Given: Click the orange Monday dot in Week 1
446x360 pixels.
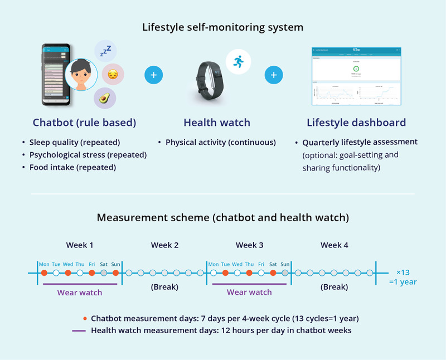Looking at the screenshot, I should point(43,273).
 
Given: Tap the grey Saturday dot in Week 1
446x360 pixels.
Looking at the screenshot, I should point(104,273).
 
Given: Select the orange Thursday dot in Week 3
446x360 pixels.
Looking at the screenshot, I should point(249,273).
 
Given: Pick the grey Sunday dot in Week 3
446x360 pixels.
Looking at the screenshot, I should point(285,273).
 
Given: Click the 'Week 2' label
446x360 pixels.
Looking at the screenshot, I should point(164,245).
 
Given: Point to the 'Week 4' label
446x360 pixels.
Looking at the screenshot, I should point(334,245).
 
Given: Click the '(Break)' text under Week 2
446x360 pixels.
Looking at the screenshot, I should point(164,287).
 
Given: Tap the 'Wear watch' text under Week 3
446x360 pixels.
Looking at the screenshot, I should point(249,292).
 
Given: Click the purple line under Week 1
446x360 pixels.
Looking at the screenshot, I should point(80,284).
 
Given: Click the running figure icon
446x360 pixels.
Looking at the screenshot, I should point(238,61).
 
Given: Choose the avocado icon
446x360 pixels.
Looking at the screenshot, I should point(104,98).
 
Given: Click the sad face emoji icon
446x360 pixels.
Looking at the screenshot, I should point(113,74).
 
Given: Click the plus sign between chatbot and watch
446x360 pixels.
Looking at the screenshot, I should point(153,75).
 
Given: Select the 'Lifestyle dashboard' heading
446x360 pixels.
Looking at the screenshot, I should point(356,123).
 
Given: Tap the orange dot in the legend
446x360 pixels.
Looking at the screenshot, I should point(84,318).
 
